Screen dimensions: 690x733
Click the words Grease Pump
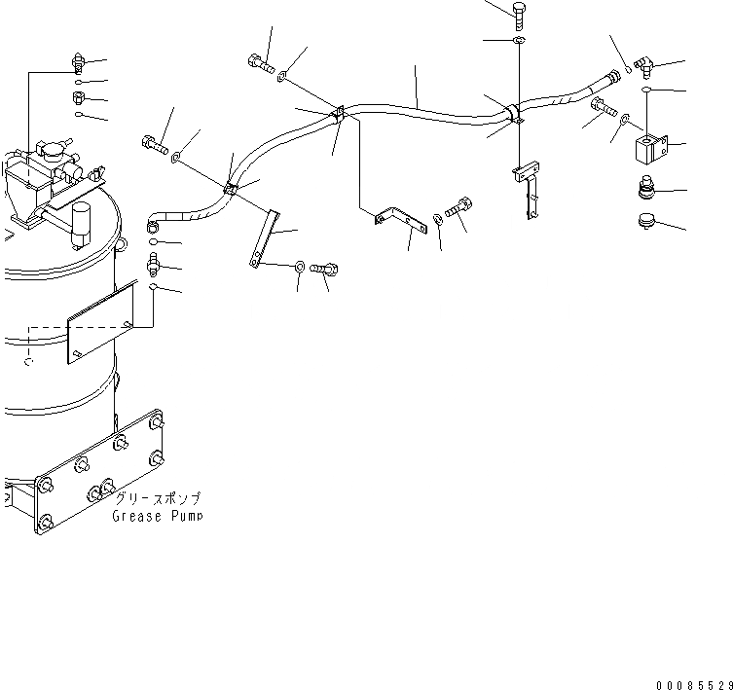tap(158, 517)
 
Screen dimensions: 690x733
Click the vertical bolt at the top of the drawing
tap(518, 13)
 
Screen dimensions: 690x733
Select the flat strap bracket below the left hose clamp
tap(262, 236)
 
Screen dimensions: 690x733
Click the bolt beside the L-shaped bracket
tap(459, 208)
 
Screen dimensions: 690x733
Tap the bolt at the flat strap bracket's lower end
tap(324, 267)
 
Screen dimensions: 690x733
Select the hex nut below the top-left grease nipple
tap(78, 98)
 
